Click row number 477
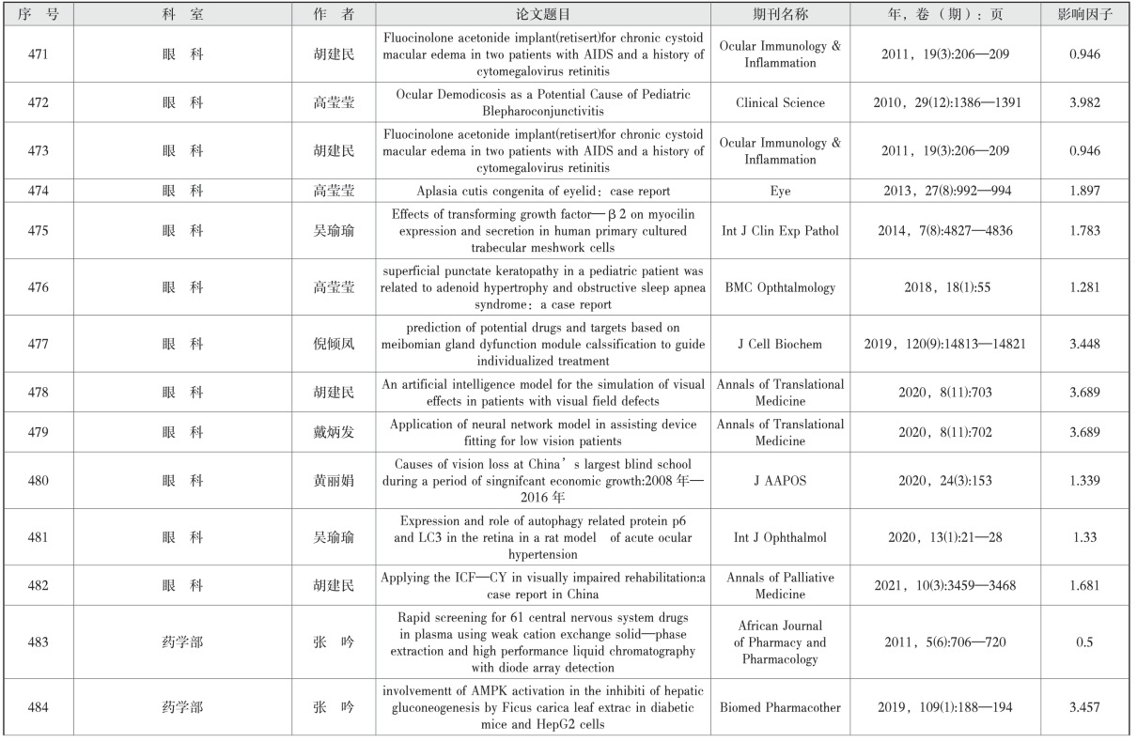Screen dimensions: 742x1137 coord(39,345)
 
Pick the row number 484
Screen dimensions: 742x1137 coord(39,706)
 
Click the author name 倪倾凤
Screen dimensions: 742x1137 coord(335,345)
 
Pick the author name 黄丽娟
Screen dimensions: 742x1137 coord(335,481)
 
